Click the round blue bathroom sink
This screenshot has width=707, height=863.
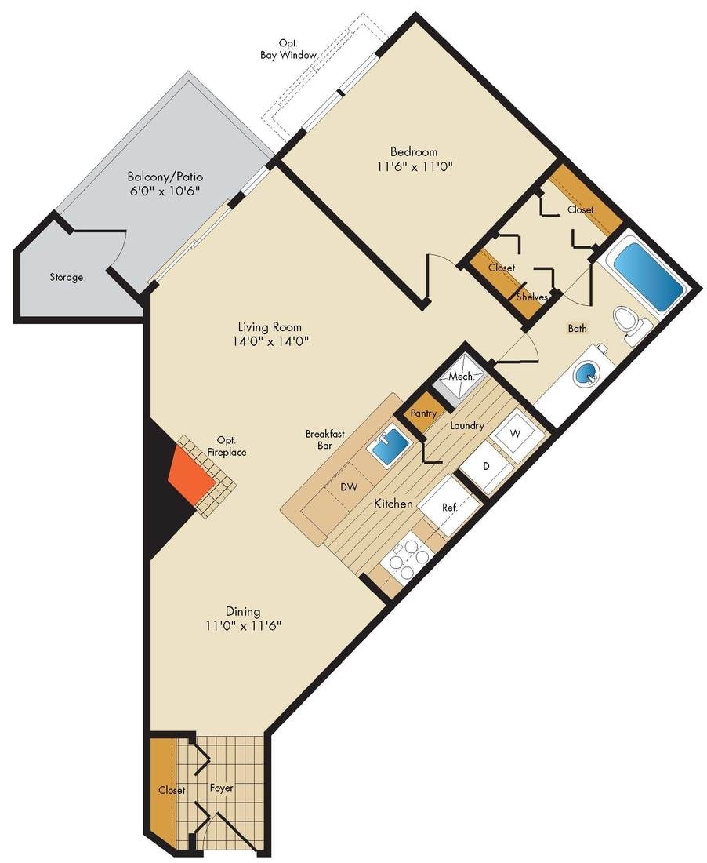click(586, 375)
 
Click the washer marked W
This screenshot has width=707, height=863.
click(515, 434)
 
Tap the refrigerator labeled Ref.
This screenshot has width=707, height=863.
click(449, 508)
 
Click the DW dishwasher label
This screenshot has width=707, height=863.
click(349, 487)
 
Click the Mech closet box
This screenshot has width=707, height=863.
click(460, 377)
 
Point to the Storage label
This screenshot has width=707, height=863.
click(67, 277)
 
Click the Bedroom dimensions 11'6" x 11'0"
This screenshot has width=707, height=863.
click(415, 166)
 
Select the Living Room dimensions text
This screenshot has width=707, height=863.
click(271, 341)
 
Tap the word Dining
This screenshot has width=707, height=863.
click(243, 611)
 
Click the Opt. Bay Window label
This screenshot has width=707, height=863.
click(288, 49)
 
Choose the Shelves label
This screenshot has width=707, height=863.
click(532, 297)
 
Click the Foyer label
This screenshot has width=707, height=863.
click(222, 788)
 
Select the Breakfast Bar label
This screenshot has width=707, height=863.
click(321, 439)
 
